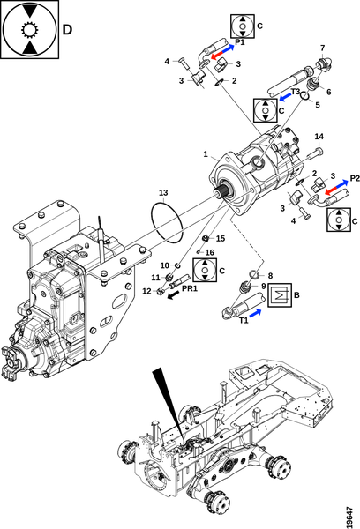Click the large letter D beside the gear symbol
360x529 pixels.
click(67, 30)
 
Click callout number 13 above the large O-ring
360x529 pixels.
click(163, 192)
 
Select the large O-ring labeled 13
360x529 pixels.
click(167, 222)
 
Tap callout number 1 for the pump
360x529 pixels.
click(206, 154)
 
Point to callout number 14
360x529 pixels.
click(319, 137)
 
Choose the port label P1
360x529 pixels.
click(240, 42)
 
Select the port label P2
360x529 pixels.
click(355, 178)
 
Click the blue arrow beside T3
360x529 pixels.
click(285, 97)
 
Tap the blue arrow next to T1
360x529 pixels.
click(256, 313)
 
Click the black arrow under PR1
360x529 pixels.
click(174, 296)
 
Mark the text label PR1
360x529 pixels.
click(190, 288)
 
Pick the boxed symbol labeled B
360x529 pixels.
click(280, 295)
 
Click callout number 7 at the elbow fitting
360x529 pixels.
click(323, 48)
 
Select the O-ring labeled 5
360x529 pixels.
click(304, 96)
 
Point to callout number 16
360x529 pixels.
click(210, 252)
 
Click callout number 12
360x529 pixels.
click(146, 291)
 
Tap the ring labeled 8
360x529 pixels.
click(255, 274)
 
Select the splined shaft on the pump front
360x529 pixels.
click(223, 192)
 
